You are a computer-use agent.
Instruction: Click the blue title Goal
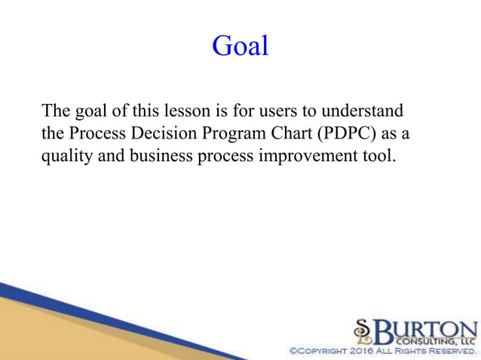[x=240, y=46]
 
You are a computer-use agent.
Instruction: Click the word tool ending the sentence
[x=378, y=157]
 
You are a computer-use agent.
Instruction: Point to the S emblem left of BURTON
[x=363, y=331]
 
